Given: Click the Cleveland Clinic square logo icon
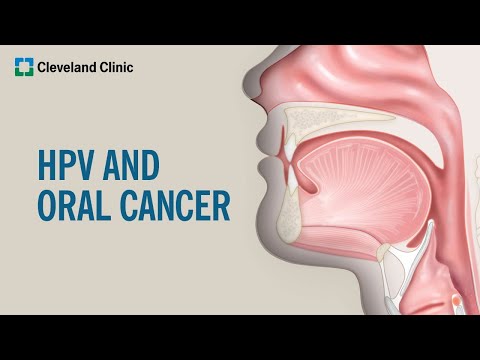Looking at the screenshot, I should pyautogui.click(x=23, y=68).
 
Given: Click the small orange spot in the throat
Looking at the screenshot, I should pyautogui.click(x=456, y=299).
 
